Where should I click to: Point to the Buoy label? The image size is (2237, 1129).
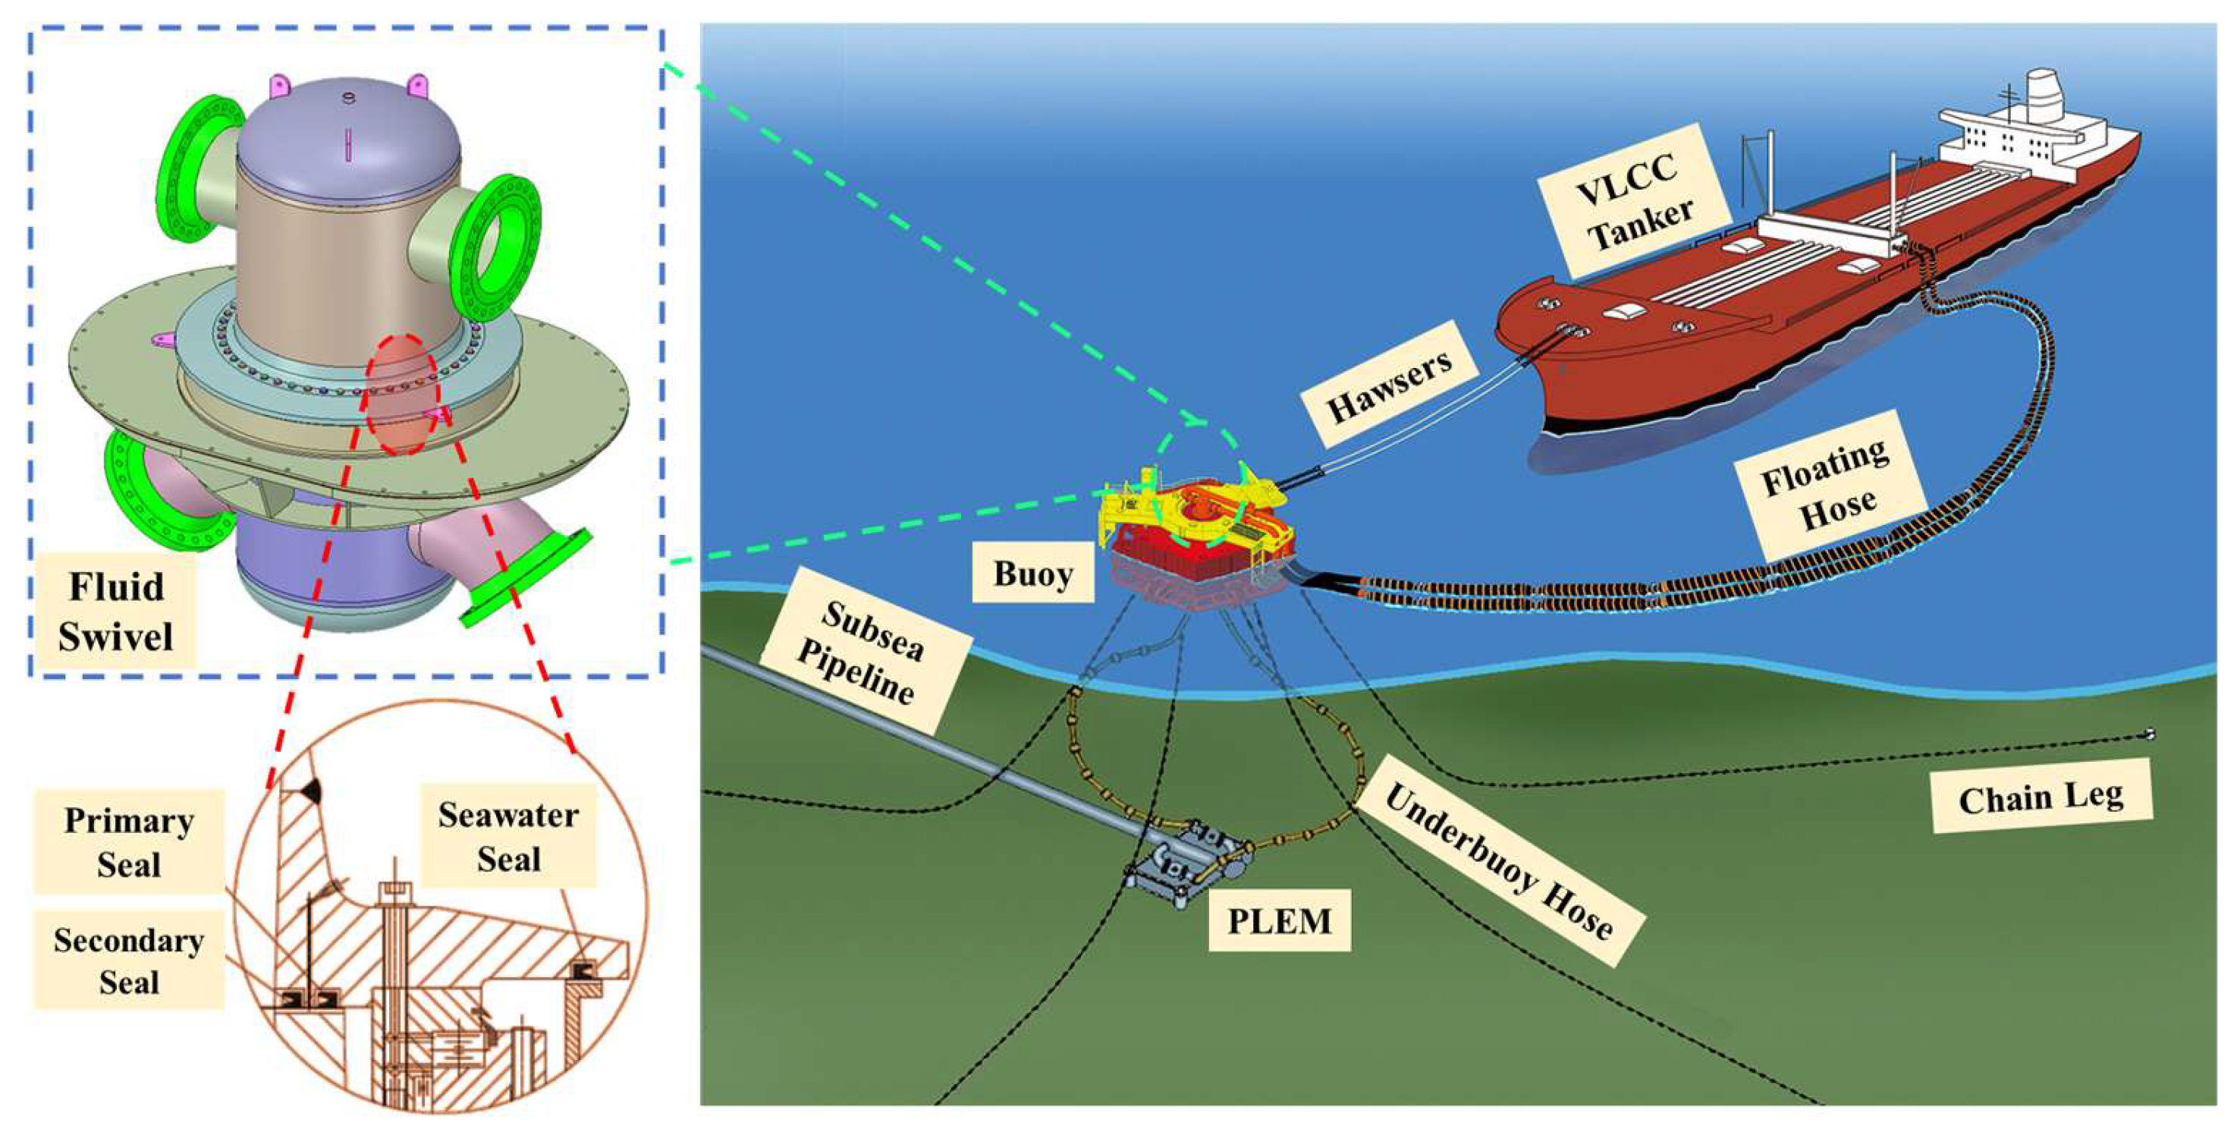pos(1032,573)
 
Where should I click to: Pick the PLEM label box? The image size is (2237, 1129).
pos(1279,920)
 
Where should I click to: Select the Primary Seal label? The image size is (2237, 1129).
pos(128,841)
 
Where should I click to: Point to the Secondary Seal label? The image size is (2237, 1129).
pos(128,960)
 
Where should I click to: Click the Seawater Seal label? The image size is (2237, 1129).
pos(508,836)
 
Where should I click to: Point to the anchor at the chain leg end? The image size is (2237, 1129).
pos(2149,734)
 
